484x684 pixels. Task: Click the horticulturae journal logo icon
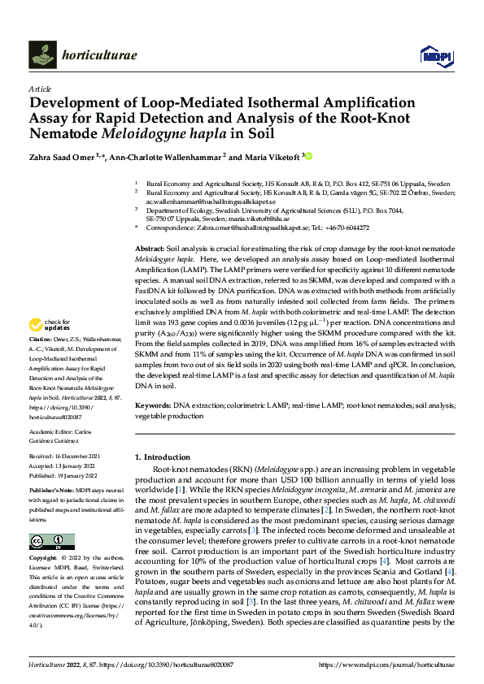(x=41, y=54)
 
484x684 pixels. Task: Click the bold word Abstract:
(x=149, y=246)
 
